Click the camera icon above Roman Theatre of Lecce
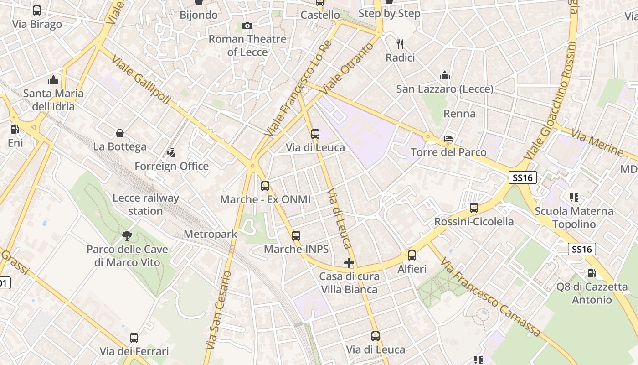point(247,26)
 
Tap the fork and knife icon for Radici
point(400,44)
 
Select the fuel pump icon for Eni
point(15,130)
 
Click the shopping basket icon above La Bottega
point(120,133)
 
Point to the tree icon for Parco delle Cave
point(127,236)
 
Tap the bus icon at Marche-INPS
point(296,236)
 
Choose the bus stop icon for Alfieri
point(412,255)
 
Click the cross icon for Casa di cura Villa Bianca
point(349,263)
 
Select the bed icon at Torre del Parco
point(448,139)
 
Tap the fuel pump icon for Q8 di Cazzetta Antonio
point(592,273)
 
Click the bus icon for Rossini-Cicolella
point(474,208)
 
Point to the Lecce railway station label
point(146,204)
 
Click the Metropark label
point(210,234)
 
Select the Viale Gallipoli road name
point(140,80)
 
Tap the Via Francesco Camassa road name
point(491,297)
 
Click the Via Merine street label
point(597,143)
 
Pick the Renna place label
point(459,114)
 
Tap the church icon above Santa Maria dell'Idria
point(53,80)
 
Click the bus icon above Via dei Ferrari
point(134,338)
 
